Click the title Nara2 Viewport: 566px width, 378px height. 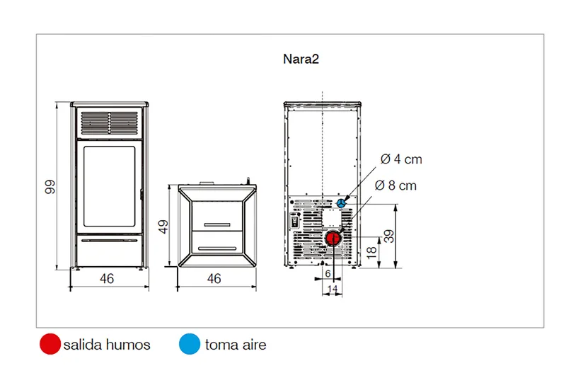tap(301, 59)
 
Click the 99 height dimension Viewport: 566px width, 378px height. tap(50, 187)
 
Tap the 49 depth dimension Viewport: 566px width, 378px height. tap(163, 227)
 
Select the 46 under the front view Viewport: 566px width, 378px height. tap(107, 279)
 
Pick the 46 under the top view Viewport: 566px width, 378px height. tap(214, 279)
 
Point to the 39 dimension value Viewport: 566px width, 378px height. tap(388, 236)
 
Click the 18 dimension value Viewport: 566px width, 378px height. tap(371, 253)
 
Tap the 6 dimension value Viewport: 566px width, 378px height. tap(328, 274)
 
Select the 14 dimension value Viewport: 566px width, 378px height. tap(333, 289)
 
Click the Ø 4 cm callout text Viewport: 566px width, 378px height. tap(401, 159)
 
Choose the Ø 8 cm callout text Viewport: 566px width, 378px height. tap(395, 185)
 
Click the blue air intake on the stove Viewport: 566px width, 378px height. tap(341, 203)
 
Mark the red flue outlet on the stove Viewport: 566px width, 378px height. tap(333, 239)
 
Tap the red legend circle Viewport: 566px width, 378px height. tap(50, 344)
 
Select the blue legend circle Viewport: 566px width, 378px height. tap(190, 344)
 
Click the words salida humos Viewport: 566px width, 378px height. tap(107, 345)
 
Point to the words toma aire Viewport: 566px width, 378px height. tap(236, 345)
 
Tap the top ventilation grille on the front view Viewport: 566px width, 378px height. tap(110, 122)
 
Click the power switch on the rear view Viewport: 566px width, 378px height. tap(295, 221)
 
